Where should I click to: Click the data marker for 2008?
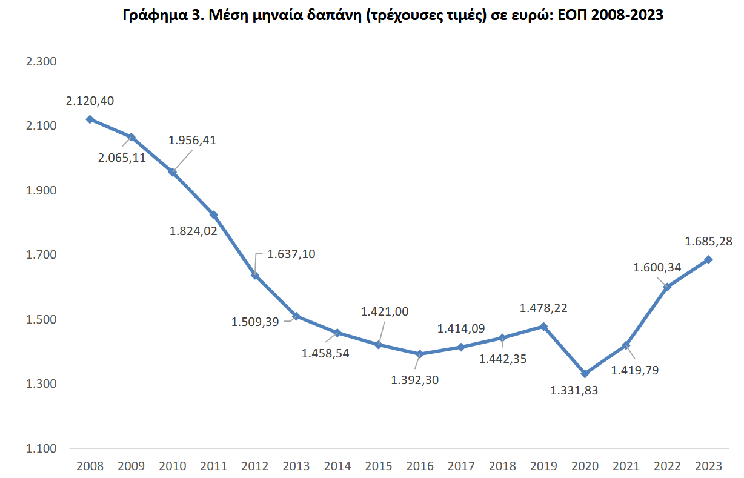[x=90, y=119]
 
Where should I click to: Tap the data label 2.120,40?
[x=90, y=101]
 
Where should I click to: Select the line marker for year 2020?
[x=585, y=374]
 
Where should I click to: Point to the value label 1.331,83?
[x=574, y=391]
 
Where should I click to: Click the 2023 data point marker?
[x=708, y=260]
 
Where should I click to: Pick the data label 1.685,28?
[x=709, y=242]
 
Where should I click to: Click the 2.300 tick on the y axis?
[x=40, y=61]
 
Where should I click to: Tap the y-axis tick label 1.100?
[x=40, y=448]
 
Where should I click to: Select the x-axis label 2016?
[x=420, y=466]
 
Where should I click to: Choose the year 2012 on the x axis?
[x=255, y=466]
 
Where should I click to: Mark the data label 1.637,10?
[x=291, y=254]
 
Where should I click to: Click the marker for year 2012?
[x=255, y=276]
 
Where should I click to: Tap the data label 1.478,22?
[x=543, y=308]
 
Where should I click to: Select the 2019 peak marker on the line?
[x=543, y=327]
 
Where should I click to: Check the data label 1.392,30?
[x=415, y=380]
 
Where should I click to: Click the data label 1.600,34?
[x=657, y=267]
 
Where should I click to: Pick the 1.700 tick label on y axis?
[x=40, y=254]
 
